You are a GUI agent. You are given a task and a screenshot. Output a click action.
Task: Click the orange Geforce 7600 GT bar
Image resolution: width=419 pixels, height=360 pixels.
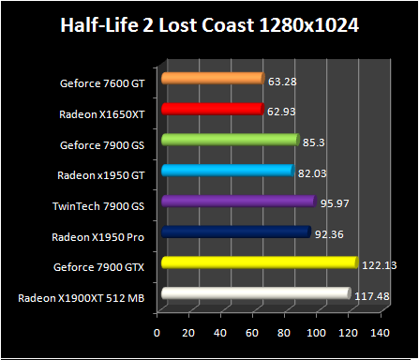click(212, 79)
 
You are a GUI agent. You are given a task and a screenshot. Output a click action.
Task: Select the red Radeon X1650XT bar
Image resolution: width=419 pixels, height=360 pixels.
click(211, 110)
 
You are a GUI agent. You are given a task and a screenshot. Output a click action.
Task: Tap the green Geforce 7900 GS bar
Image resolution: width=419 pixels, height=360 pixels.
click(230, 140)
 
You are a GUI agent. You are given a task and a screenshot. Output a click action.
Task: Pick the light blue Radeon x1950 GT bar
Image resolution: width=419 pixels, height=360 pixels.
click(227, 171)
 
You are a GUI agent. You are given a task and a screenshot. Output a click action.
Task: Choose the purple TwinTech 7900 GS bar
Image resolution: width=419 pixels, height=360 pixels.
click(238, 202)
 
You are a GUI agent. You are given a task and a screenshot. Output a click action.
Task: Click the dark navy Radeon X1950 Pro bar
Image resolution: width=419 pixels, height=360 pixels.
click(235, 232)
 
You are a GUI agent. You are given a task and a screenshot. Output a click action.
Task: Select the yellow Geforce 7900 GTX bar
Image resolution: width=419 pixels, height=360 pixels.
click(259, 262)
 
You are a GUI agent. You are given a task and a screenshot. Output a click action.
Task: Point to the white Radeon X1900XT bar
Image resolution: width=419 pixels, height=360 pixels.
click(255, 293)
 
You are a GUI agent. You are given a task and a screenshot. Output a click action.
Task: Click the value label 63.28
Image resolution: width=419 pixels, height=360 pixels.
click(280, 81)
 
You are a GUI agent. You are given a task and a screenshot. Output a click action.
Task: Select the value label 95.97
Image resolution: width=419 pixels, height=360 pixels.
click(333, 203)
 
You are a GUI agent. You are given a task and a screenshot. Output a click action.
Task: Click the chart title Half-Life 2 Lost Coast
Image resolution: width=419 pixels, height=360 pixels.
click(210, 24)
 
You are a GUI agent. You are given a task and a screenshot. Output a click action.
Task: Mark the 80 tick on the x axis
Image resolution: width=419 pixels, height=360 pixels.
click(284, 333)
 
